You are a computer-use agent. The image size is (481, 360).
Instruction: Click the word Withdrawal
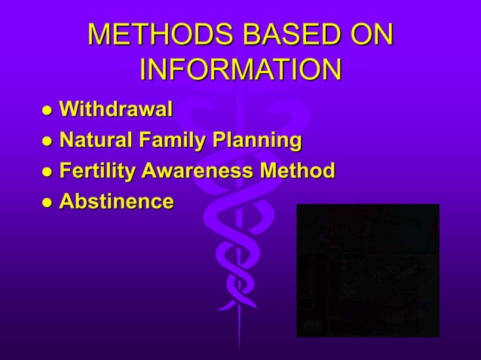tap(115, 111)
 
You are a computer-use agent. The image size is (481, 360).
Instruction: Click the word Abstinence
tap(116, 201)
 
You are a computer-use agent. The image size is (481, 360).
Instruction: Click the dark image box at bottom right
tap(368, 270)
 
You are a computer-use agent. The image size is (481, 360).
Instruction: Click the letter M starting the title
tap(100, 35)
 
